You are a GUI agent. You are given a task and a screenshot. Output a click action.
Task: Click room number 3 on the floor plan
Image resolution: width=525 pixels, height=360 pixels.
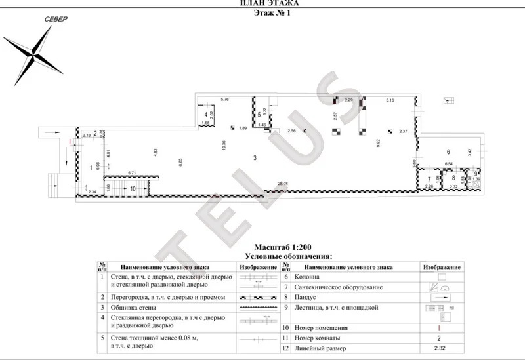(x=255, y=157)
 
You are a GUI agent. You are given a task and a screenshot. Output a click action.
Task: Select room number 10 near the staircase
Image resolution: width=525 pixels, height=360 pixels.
(x=133, y=189)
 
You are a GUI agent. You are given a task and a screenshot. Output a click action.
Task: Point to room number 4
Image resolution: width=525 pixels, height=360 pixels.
(x=206, y=115)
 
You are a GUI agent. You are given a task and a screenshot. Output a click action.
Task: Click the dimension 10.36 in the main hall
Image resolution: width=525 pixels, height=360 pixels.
(x=224, y=146)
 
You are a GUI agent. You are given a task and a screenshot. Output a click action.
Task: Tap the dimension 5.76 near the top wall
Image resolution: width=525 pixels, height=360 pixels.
(x=224, y=99)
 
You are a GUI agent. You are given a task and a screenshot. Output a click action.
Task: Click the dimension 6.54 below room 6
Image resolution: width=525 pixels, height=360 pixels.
(x=449, y=163)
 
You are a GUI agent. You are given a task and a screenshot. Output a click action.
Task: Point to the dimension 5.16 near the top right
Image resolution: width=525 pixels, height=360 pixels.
(x=390, y=100)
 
